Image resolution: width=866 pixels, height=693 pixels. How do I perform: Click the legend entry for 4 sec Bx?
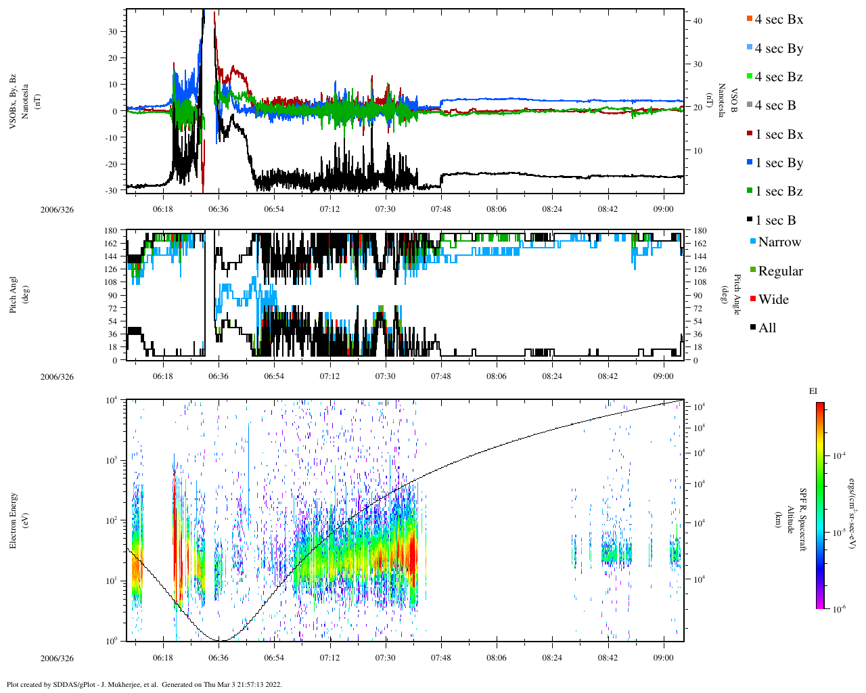pos(778,20)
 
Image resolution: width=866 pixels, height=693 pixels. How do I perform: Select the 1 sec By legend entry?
pos(779,163)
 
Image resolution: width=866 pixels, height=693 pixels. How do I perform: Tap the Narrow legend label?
pos(779,242)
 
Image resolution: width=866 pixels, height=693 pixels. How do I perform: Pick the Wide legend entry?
pos(773,300)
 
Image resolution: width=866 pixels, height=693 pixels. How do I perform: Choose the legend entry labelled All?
pos(767,328)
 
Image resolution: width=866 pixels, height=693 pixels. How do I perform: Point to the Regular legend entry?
pos(780,271)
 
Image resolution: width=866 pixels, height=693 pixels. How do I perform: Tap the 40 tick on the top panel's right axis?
pos(698,21)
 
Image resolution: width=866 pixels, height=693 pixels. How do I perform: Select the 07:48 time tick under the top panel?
pos(440,209)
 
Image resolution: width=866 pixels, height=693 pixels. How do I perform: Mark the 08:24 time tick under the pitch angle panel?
pos(552,376)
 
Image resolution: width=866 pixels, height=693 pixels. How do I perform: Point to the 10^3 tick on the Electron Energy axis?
pos(110,460)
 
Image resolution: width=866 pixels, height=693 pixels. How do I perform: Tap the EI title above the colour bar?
pos(813,391)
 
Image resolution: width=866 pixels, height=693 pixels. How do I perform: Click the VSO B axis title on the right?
pos(727,101)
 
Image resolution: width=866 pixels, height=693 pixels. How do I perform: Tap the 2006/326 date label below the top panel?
pos(57,209)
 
